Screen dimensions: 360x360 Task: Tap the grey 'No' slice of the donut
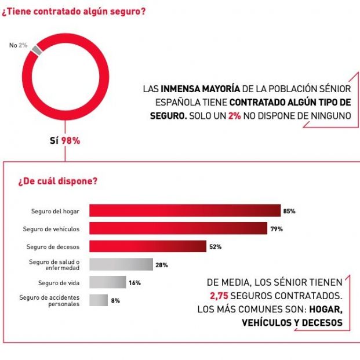[37, 50]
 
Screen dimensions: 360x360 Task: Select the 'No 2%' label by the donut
[18, 45]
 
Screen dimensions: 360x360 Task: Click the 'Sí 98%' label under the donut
[65, 140]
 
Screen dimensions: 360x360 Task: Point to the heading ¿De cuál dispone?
[57, 181]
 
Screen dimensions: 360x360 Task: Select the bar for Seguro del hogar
[184, 211]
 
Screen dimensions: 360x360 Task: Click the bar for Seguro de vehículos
[178, 228]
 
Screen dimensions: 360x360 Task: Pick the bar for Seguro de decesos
[147, 246]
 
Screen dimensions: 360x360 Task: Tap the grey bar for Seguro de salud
[121, 265]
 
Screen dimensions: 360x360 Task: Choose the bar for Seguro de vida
[107, 282]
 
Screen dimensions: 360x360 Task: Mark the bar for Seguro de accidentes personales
[98, 300]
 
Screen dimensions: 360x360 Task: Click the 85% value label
[289, 211]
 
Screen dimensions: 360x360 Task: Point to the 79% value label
[277, 229]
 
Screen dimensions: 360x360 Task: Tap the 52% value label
[215, 247]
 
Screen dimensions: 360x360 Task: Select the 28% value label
[162, 265]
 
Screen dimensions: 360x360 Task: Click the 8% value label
[115, 301]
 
